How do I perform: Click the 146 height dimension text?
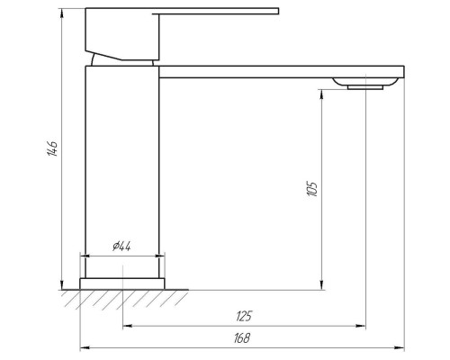[53, 149]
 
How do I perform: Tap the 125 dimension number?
[244, 316]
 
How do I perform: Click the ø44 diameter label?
[122, 247]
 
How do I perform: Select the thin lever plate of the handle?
[216, 13]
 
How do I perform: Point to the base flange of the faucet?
[123, 283]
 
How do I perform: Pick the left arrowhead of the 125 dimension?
[127, 326]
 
